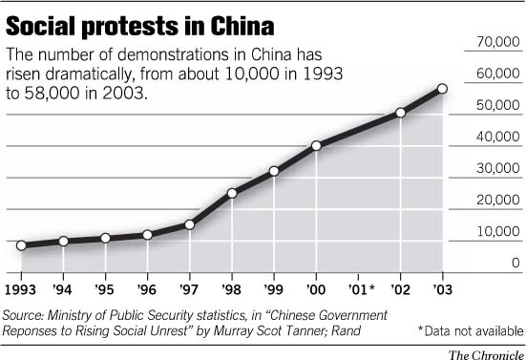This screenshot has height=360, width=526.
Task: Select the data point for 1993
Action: pyautogui.click(x=21, y=245)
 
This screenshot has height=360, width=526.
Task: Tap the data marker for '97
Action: pyautogui.click(x=189, y=224)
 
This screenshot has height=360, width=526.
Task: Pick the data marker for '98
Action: pyautogui.click(x=232, y=193)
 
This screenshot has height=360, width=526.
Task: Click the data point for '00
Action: pyautogui.click(x=316, y=145)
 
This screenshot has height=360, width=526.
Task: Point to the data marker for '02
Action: pyautogui.click(x=400, y=113)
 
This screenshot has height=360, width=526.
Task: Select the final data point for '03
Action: pyautogui.click(x=442, y=89)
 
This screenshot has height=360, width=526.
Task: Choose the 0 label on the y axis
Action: pyautogui.click(x=515, y=263)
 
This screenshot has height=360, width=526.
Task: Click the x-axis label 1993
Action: pyautogui.click(x=22, y=287)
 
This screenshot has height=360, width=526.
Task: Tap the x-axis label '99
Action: pyautogui.click(x=274, y=287)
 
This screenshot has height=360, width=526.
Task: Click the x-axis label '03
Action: pyautogui.click(x=441, y=287)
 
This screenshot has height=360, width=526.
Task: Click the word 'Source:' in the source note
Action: pyautogui.click(x=28, y=314)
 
